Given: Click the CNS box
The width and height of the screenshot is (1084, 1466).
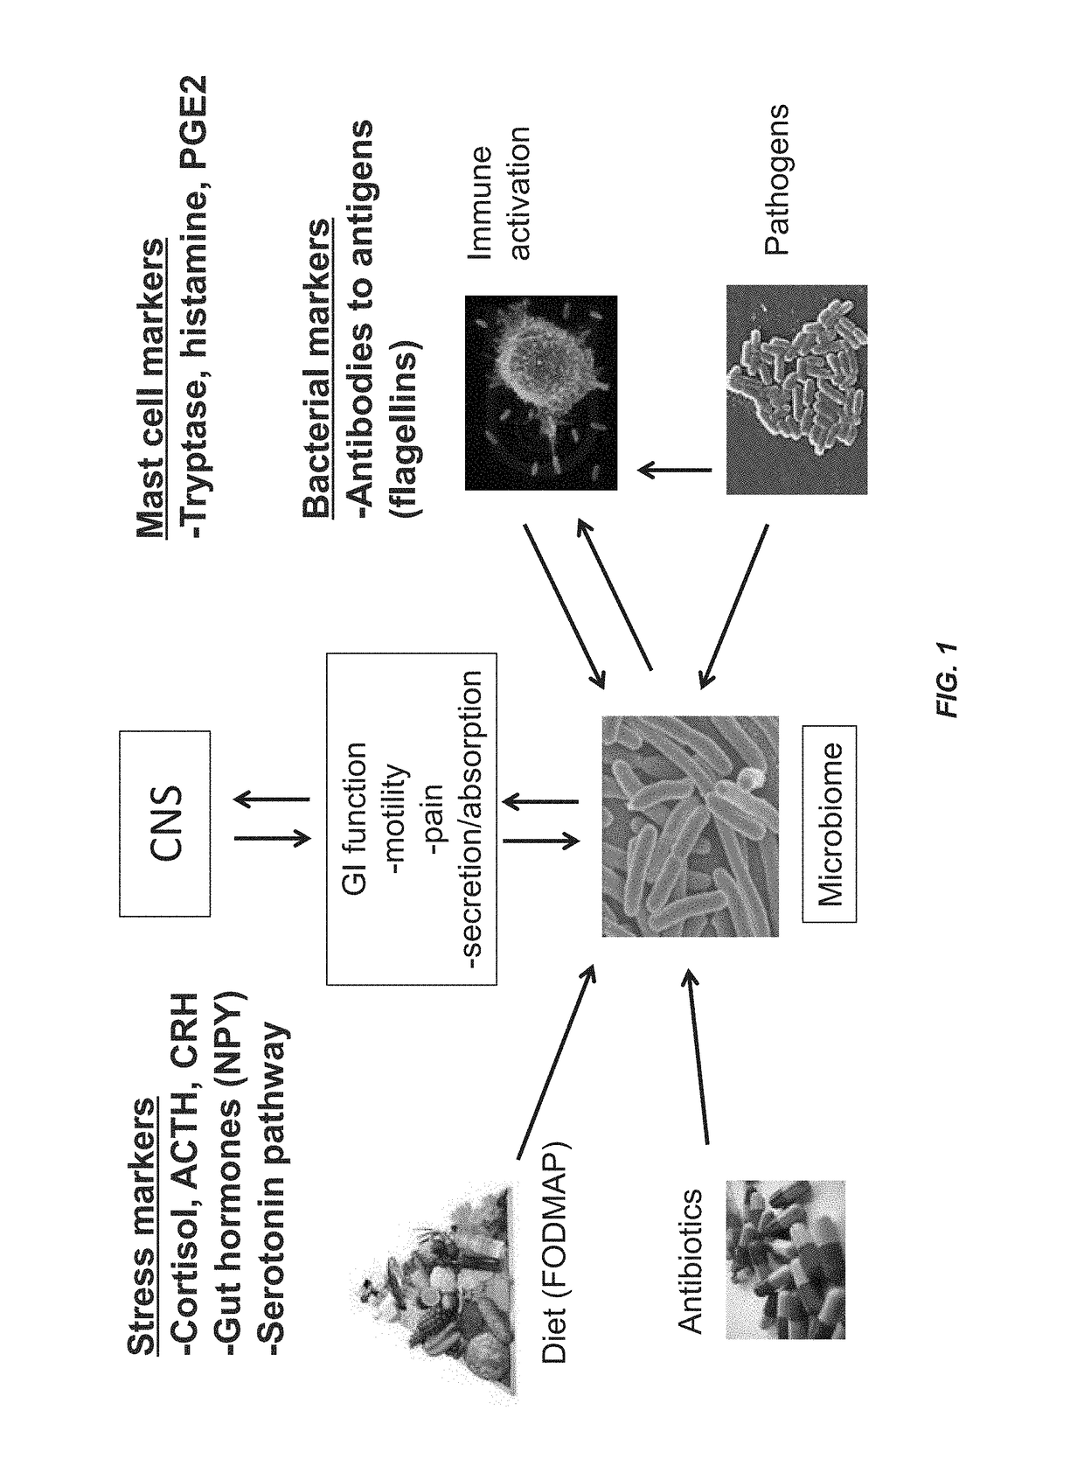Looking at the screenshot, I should point(164,823).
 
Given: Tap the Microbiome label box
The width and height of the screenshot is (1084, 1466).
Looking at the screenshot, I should point(829,823).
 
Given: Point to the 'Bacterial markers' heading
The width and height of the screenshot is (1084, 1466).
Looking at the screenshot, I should point(316,368).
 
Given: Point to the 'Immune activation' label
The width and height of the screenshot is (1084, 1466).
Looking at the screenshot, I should point(499,191).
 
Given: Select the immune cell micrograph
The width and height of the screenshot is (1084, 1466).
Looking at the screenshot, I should point(540,391).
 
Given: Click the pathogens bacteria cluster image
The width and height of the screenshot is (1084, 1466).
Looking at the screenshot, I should point(796,388).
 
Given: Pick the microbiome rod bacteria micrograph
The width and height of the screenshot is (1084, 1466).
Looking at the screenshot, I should point(690,825).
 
